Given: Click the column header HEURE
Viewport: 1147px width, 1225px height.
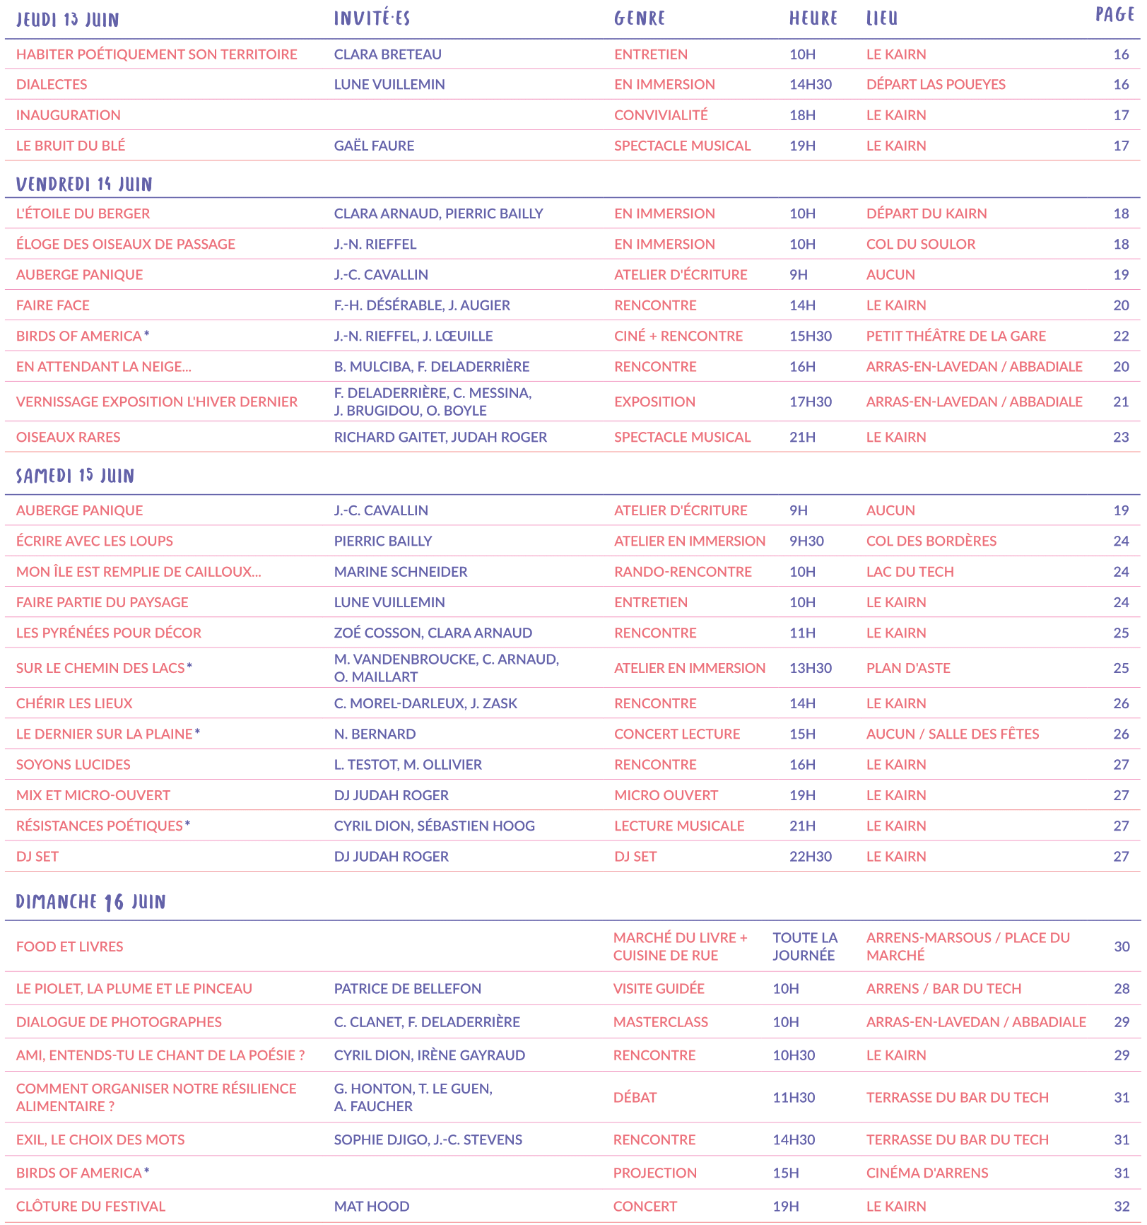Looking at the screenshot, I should tap(813, 18).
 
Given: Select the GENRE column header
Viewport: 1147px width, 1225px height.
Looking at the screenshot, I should tap(640, 18).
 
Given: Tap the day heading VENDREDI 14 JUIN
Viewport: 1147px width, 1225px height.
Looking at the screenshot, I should tap(84, 184).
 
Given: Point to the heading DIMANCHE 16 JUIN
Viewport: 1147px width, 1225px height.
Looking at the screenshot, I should tap(90, 902).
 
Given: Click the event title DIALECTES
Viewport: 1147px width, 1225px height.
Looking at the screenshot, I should tap(52, 84).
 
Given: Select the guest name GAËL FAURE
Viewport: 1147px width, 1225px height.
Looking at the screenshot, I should tap(374, 146).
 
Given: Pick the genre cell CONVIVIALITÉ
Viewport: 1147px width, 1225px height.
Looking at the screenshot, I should tap(661, 115).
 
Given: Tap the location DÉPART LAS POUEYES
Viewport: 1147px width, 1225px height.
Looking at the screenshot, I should tap(936, 84).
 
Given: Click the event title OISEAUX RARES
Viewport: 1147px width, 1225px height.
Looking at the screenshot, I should tap(68, 437).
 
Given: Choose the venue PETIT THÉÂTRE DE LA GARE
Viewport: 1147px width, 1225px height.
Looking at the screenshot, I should tap(955, 336).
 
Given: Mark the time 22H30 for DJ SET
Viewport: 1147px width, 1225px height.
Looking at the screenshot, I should tap(810, 856).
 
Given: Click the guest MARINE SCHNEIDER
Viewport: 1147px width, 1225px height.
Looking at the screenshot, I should tap(401, 571).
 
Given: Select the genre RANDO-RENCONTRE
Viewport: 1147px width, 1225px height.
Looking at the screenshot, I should tap(683, 571).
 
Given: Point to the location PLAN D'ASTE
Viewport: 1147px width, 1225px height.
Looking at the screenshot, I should tap(908, 668).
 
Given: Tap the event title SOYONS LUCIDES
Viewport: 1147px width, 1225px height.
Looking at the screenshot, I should tap(73, 764).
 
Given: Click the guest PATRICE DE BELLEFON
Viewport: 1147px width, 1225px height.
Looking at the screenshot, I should tap(407, 988).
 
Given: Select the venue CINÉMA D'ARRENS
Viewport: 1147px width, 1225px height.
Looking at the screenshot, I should tap(927, 1173).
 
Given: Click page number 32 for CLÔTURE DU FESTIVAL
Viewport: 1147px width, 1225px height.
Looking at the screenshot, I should tap(1122, 1206).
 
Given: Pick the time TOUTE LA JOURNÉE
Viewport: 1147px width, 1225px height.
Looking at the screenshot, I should tap(804, 946).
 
